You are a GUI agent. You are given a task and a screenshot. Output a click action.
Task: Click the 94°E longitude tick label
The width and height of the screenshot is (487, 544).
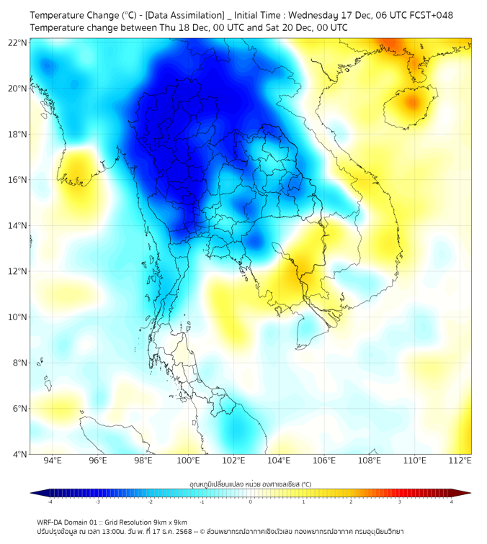53,461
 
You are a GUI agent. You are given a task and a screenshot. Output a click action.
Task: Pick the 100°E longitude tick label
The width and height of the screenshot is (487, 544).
189,461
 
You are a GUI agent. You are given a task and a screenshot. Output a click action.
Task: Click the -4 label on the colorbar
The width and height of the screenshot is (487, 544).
49,502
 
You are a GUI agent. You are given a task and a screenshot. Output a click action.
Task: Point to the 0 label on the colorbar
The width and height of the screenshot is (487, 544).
251,502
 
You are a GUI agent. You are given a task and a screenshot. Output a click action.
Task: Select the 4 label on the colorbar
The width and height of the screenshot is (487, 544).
452,502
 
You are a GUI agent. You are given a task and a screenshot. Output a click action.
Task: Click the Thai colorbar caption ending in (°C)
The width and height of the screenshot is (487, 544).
250,484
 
